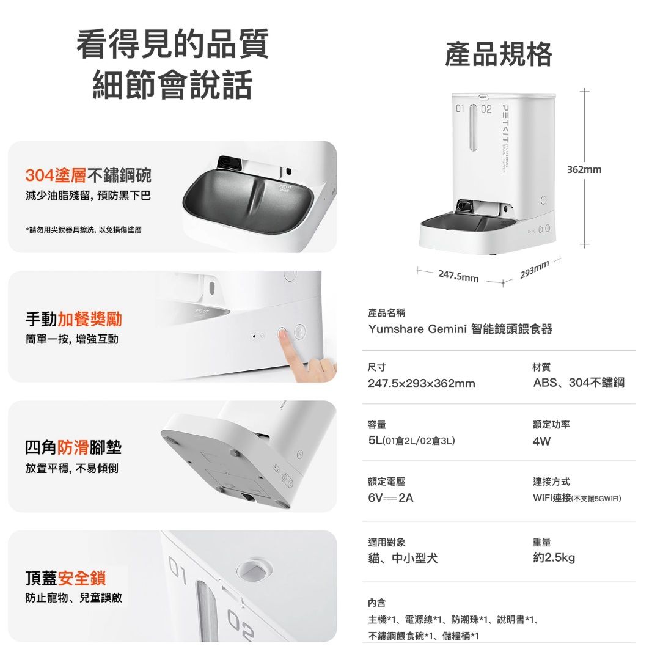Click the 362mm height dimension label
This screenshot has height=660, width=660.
pyautogui.click(x=584, y=170)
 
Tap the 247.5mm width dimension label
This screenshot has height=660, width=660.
pyautogui.click(x=458, y=276)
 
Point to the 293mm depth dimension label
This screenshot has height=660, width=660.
pyautogui.click(x=535, y=270)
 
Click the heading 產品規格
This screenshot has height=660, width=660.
pyautogui.click(x=499, y=54)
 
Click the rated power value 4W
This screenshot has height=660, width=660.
pyautogui.click(x=541, y=441)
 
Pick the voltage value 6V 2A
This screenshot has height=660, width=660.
pyautogui.click(x=391, y=498)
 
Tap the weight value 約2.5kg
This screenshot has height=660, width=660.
pyautogui.click(x=554, y=558)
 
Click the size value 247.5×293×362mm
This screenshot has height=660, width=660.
pyautogui.click(x=421, y=383)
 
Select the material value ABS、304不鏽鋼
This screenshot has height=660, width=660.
pyautogui.click(x=579, y=383)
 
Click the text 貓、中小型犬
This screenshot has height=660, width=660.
pyautogui.click(x=403, y=559)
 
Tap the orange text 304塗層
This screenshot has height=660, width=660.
pyautogui.click(x=56, y=175)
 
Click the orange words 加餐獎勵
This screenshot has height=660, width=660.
pyautogui.click(x=90, y=319)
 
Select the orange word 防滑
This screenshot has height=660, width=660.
pyautogui.click(x=73, y=447)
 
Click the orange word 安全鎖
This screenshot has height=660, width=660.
pyautogui.click(x=82, y=578)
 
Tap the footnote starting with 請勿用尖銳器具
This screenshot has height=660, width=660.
pyautogui.click(x=83, y=230)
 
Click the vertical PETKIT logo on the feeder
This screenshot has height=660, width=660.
pyautogui.click(x=505, y=124)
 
